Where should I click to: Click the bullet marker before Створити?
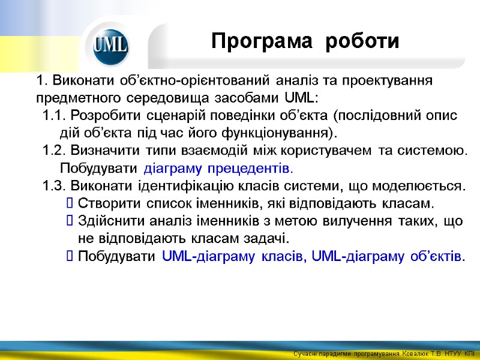[x=69, y=203]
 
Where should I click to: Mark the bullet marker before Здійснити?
[x=69, y=221]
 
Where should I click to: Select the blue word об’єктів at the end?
[x=435, y=257]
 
